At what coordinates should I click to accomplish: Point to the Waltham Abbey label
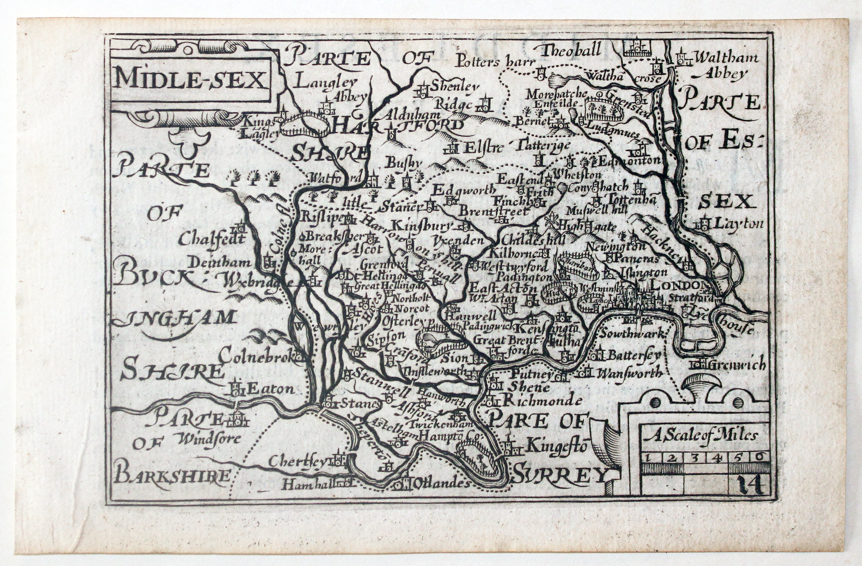719,65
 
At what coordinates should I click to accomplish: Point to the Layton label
737,224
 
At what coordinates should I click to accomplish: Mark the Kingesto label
556,446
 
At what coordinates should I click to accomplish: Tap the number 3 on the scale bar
694,458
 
